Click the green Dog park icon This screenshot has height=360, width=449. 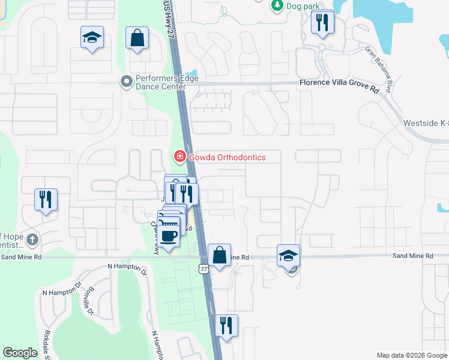pos(277,5)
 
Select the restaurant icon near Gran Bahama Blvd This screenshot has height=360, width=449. pos(322,23)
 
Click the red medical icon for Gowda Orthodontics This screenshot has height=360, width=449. pos(179,157)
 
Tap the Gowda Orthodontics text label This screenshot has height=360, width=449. pos(227,157)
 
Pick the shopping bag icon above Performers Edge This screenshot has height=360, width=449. pos(137,38)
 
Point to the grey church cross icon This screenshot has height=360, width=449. pos(32,241)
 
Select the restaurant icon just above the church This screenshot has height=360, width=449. pos(46,199)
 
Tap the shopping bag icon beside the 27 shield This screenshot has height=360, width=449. pos(220,254)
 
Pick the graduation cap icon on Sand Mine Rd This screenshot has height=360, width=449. pos(289,256)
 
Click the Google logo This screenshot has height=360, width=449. pos(20,353)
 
